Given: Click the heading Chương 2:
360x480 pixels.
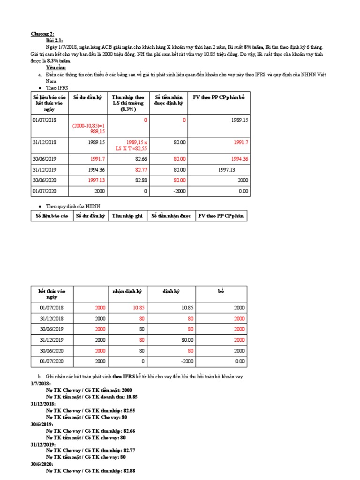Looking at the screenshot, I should coord(42,34).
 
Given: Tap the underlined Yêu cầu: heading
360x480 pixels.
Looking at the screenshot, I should coord(56,67).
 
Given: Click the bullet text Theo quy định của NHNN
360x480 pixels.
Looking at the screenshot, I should coord(73,206).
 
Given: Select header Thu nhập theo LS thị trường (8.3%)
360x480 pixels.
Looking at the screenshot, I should coord(129,103).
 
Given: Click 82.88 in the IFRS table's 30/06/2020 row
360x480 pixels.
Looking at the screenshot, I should coord(140,180).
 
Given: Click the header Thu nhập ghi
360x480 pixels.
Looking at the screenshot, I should coord(126,216).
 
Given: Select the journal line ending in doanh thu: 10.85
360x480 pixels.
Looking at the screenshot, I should coord(91,397).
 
